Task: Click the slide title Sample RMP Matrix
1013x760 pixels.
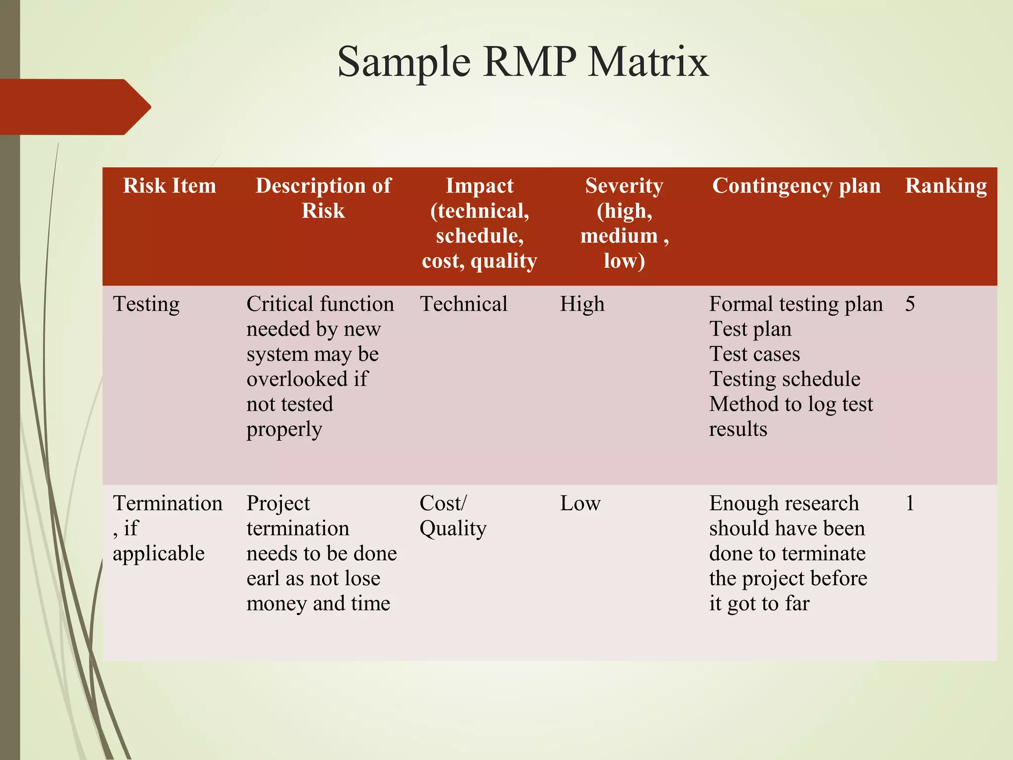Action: (523, 62)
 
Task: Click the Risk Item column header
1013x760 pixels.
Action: (169, 186)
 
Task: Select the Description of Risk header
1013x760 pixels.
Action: (323, 198)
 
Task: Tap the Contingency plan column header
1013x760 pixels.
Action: (796, 186)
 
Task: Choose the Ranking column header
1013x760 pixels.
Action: (946, 186)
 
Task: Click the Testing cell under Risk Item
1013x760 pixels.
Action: (146, 304)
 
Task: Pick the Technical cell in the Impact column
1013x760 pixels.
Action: (463, 304)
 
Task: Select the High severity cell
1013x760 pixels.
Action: (582, 304)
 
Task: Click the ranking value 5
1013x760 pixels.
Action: (910, 304)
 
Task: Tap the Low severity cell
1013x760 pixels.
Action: (580, 503)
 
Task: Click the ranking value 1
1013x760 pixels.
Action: (910, 503)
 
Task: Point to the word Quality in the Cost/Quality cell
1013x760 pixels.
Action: (453, 529)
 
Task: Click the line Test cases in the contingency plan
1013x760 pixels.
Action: (754, 354)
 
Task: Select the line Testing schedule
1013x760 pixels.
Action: (784, 379)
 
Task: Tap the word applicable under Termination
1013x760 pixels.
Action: (158, 554)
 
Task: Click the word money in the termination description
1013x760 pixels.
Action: (276, 604)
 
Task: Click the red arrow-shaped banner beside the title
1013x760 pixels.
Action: (74, 107)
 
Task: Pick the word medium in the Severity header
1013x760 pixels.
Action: (619, 236)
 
